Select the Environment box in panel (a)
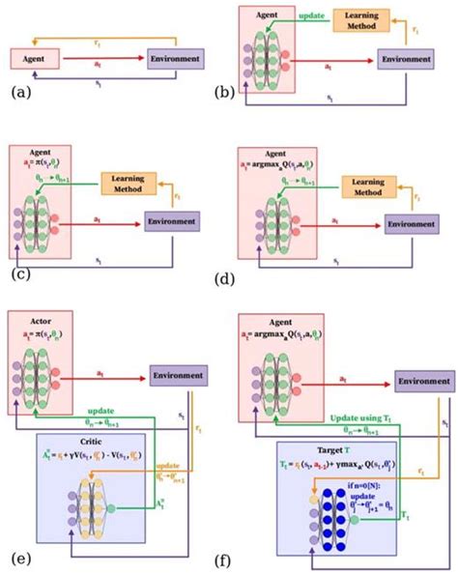click(x=176, y=60)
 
